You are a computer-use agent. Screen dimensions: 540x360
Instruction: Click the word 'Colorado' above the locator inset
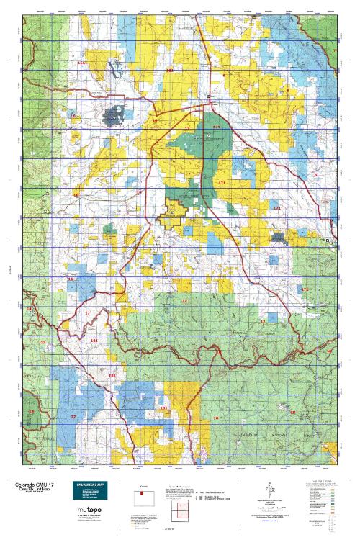142,485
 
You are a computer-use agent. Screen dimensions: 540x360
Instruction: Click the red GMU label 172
305,289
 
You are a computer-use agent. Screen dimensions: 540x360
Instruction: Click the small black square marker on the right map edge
328,240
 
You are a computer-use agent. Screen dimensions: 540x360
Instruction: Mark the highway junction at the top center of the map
208,97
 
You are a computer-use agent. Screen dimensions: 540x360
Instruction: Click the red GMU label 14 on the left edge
30,308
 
